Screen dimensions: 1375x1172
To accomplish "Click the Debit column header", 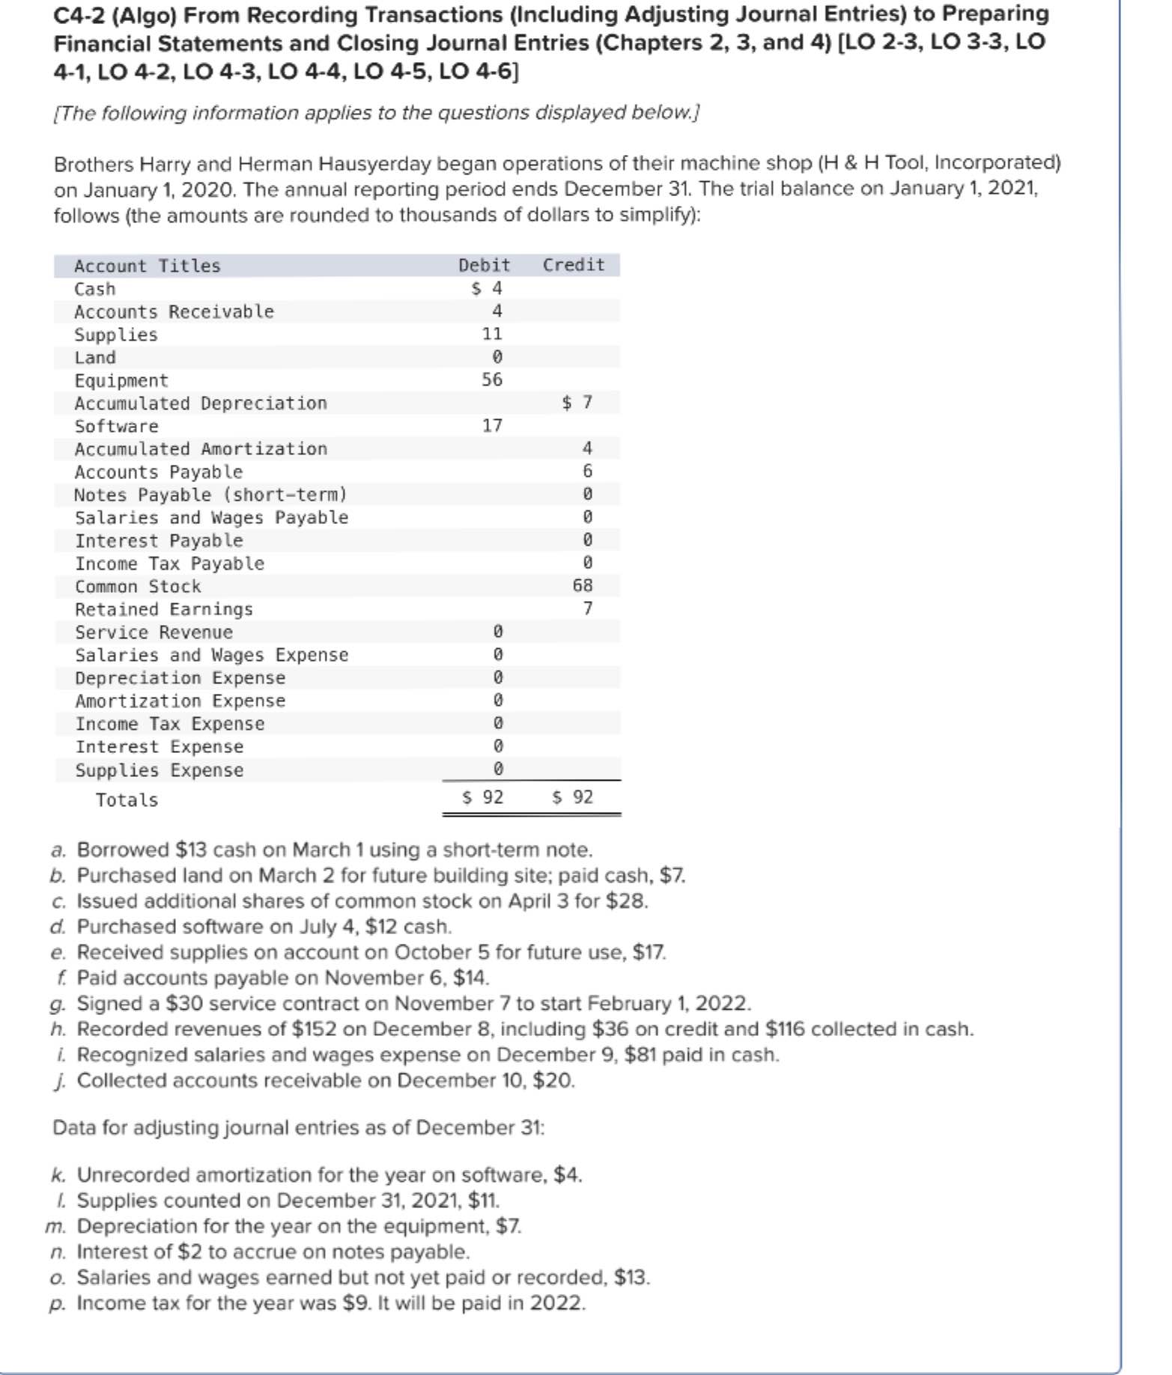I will tap(484, 265).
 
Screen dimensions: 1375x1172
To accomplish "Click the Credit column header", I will tap(573, 265).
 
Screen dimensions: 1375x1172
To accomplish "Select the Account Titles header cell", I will tap(147, 266).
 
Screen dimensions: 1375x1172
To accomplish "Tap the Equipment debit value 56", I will tap(491, 379).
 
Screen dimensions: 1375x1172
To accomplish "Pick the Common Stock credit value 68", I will tap(582, 585).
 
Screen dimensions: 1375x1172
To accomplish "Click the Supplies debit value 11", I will tap(491, 334).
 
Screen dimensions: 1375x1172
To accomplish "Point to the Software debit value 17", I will tap(491, 425).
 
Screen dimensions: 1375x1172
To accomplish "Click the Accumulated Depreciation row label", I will tap(201, 403).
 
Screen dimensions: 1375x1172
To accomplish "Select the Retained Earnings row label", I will tap(163, 609).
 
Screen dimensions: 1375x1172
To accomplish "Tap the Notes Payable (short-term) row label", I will tap(210, 495).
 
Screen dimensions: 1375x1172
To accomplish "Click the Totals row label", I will tap(127, 800).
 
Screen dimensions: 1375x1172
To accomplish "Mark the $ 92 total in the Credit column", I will tap(573, 797).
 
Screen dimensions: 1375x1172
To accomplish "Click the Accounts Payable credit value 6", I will tap(587, 471).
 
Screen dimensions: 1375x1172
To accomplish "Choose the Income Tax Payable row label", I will tap(169, 564).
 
